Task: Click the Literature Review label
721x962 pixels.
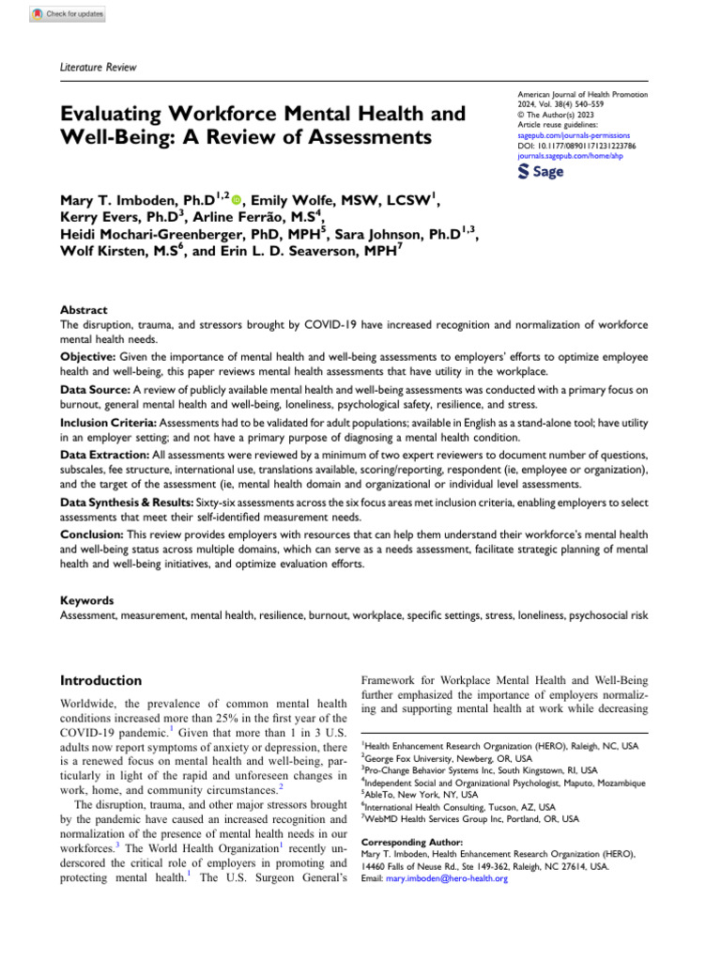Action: tap(98, 67)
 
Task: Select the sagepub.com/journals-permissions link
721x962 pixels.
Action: tap(570, 137)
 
